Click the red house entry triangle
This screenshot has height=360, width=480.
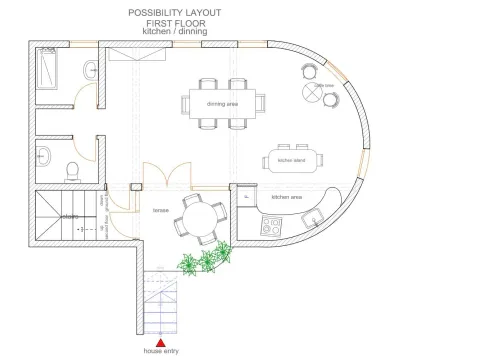pyautogui.click(x=160, y=342)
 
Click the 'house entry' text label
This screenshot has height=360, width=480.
pyautogui.click(x=160, y=352)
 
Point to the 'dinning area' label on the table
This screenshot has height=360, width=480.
pyautogui.click(x=222, y=103)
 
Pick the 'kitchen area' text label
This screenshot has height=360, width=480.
pyautogui.click(x=287, y=197)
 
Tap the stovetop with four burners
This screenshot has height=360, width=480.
pyautogui.click(x=271, y=225)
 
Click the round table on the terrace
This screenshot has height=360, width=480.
pyautogui.click(x=197, y=216)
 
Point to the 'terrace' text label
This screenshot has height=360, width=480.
pyautogui.click(x=160, y=210)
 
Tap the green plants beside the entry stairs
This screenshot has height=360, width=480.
pyautogui.click(x=204, y=261)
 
